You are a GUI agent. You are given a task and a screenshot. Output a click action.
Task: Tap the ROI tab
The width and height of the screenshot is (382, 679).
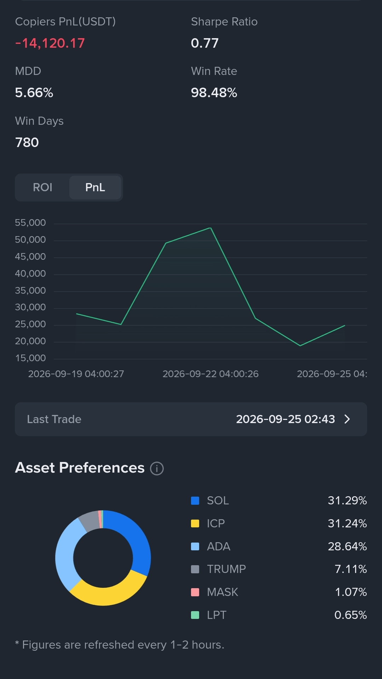click(42, 187)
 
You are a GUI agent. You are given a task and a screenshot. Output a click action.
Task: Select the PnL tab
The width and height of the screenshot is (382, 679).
click(95, 187)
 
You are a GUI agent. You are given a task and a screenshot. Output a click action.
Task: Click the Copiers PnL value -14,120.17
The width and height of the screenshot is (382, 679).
click(50, 43)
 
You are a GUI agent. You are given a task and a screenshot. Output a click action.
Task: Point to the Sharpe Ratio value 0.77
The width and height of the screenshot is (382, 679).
click(205, 43)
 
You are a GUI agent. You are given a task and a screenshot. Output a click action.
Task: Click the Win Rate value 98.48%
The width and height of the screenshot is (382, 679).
click(214, 93)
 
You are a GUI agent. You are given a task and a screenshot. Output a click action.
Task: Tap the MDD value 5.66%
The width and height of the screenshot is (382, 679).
click(34, 93)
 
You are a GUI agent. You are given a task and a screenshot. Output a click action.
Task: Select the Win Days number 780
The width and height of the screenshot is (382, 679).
click(27, 142)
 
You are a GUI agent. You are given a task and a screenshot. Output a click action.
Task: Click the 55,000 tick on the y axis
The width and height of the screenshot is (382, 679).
click(30, 223)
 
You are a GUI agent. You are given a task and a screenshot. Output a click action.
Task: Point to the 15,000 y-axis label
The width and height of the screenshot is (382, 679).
click(30, 358)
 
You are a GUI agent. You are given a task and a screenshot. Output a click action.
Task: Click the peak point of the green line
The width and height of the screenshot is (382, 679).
click(210, 228)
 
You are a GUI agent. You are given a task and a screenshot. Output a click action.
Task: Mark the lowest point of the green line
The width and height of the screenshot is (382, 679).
click(300, 345)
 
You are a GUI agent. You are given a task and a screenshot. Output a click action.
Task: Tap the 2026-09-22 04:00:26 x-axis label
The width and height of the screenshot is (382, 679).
click(210, 374)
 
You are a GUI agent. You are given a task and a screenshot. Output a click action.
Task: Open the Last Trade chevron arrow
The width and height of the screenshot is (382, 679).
click(347, 419)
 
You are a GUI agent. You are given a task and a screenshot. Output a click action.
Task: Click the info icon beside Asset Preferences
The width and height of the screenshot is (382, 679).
click(157, 468)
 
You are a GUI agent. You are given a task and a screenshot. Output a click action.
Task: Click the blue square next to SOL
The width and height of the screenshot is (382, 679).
click(195, 501)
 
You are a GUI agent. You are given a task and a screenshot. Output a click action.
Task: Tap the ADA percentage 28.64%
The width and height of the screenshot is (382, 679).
click(347, 546)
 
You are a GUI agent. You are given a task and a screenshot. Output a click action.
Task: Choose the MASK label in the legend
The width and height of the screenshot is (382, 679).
click(222, 592)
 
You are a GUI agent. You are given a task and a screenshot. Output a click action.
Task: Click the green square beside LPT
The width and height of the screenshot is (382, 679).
click(195, 615)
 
